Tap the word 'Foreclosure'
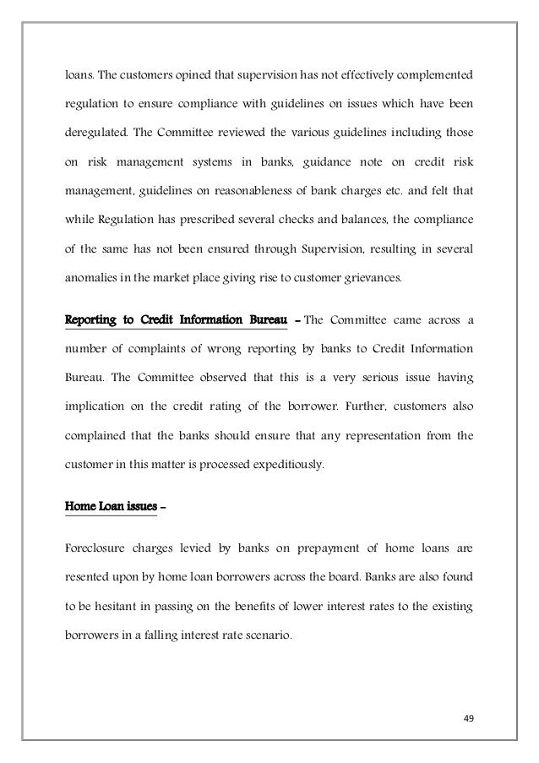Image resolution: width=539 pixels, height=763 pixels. (x=100, y=553)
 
